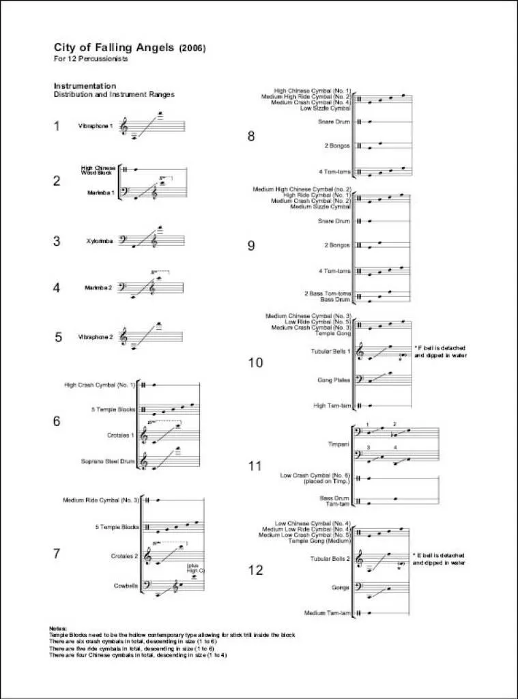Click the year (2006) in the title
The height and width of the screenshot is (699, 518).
point(192,48)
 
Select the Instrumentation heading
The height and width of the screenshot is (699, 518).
point(85,87)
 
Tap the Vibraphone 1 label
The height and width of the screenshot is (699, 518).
point(95,127)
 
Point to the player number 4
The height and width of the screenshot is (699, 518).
point(57,288)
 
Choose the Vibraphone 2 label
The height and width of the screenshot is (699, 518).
point(95,337)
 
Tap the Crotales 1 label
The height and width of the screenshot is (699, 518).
point(121,436)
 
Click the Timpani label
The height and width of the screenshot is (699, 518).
point(339,444)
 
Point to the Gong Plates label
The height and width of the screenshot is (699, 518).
point(334,380)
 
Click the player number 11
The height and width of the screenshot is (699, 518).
point(255,467)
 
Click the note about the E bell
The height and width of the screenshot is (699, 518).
point(440,560)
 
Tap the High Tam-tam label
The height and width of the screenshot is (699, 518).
point(333,405)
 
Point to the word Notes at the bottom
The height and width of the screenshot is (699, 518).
point(57,628)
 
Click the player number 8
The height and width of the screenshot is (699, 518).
point(251,137)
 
